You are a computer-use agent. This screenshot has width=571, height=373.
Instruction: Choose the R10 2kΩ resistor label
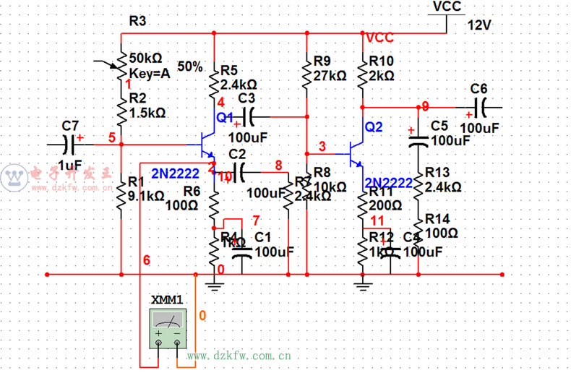[x=381, y=69]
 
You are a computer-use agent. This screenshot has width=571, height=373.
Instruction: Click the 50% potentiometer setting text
[x=189, y=66]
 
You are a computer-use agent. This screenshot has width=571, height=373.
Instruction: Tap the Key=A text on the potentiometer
[x=150, y=72]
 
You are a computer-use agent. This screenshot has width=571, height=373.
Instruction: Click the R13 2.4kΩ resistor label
[x=445, y=179]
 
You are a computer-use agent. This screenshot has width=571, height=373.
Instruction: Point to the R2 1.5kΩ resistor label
[x=147, y=106]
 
